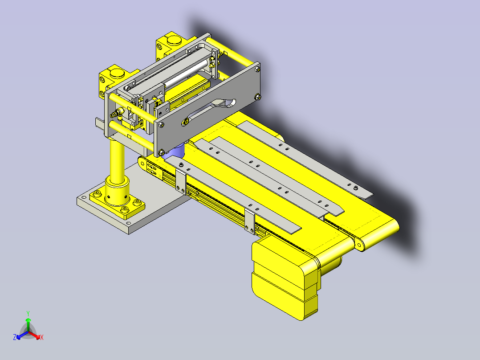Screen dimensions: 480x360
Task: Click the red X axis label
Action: [x=42, y=338]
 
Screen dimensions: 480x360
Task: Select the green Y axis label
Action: [x=28, y=313]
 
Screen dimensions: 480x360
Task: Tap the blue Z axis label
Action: [x=15, y=337]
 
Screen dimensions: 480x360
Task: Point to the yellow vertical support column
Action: [x=117, y=162]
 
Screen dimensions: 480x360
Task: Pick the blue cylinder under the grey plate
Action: [x=175, y=151]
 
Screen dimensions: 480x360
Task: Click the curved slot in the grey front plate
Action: [x=211, y=110]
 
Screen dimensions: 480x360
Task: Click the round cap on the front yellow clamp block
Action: [x=118, y=73]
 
